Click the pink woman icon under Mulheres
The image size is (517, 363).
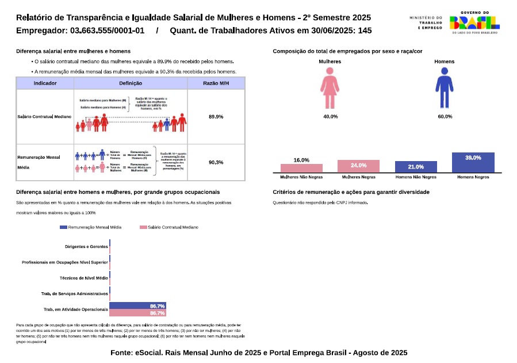point(330,88)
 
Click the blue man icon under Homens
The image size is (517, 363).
point(443,88)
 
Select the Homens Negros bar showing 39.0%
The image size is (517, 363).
point(473,162)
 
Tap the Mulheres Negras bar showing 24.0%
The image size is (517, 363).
point(358,166)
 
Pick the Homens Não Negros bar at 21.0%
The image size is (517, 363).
point(415,167)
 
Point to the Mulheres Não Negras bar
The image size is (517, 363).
point(301,168)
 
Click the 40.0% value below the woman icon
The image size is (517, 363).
point(330,117)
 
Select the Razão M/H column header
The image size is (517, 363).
point(216,83)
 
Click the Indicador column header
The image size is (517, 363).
point(45,83)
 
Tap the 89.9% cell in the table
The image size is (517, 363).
point(216,117)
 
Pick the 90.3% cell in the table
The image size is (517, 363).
point(216,162)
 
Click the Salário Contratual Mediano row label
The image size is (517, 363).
point(44,117)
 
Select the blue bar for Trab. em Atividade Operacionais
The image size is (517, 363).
point(137,306)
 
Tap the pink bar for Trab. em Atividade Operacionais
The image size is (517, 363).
point(137,313)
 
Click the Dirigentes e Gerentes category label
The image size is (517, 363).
point(86,246)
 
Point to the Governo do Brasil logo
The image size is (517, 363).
point(473,22)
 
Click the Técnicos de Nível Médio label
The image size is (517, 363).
point(84,278)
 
